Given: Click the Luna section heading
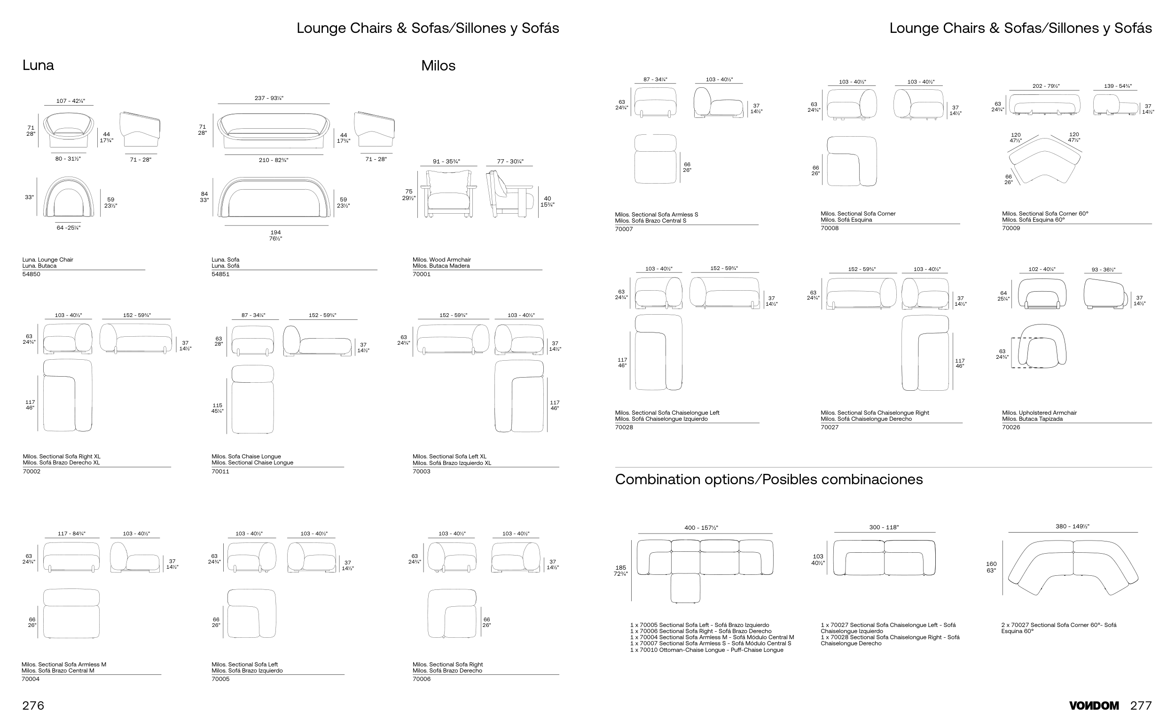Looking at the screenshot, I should pos(38,65).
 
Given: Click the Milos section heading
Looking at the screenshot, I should pos(438,65).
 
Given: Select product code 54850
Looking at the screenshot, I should pos(31,274).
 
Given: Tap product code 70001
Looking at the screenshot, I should pos(422,274).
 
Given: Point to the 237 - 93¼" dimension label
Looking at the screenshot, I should pos(268,98).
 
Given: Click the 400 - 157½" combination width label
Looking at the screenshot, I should pos(701,528).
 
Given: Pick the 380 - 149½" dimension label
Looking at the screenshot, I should pos(1072,526).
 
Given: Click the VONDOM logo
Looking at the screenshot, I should pos(1094,705).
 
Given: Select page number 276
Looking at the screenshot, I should pos(33,705).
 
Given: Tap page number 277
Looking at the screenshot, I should pos(1141,705).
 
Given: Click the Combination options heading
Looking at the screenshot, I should pos(768,480).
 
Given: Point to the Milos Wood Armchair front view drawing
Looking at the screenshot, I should pos(448,194).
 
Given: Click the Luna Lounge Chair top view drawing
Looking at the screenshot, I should pos(68,197).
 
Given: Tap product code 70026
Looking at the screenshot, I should pos(1011,427).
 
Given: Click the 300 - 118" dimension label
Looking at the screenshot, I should pos(884,527).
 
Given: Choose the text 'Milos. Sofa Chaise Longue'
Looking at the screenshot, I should pos(246,456).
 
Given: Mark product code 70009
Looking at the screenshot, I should pos(1011,228).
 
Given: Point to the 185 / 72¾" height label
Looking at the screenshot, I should pos(620,571).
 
